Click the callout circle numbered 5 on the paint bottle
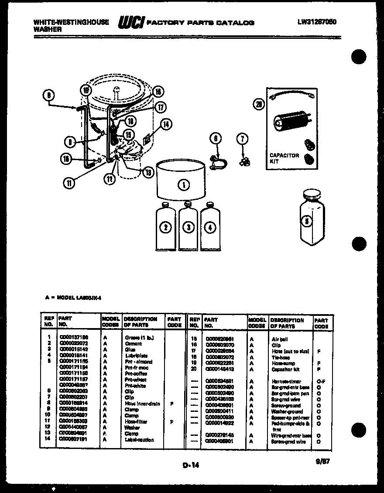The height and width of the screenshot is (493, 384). point(307,221)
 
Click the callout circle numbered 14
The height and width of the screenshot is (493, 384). point(165,124)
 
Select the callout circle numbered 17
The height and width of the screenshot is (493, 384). point(161,106)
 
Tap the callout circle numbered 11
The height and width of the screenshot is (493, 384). point(68,183)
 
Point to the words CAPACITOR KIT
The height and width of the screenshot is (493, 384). point(284,158)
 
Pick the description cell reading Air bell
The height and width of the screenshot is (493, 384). point(280,339)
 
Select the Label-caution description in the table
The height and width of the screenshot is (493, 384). point(139,440)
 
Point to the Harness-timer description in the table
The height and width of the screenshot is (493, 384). point(286,381)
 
